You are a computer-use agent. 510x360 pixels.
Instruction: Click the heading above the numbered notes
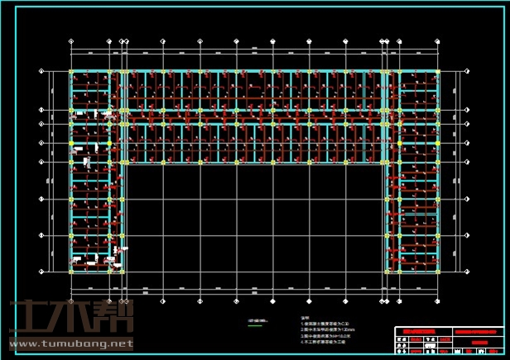305,318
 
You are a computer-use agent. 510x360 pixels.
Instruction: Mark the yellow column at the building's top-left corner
70,72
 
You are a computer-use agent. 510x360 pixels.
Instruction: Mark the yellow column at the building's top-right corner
438,72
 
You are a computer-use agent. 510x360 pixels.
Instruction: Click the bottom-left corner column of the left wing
70,271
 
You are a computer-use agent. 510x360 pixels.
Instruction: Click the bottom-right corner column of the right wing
438,271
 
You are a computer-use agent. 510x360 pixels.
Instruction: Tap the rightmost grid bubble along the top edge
438,40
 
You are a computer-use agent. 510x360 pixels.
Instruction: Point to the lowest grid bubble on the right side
469,271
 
